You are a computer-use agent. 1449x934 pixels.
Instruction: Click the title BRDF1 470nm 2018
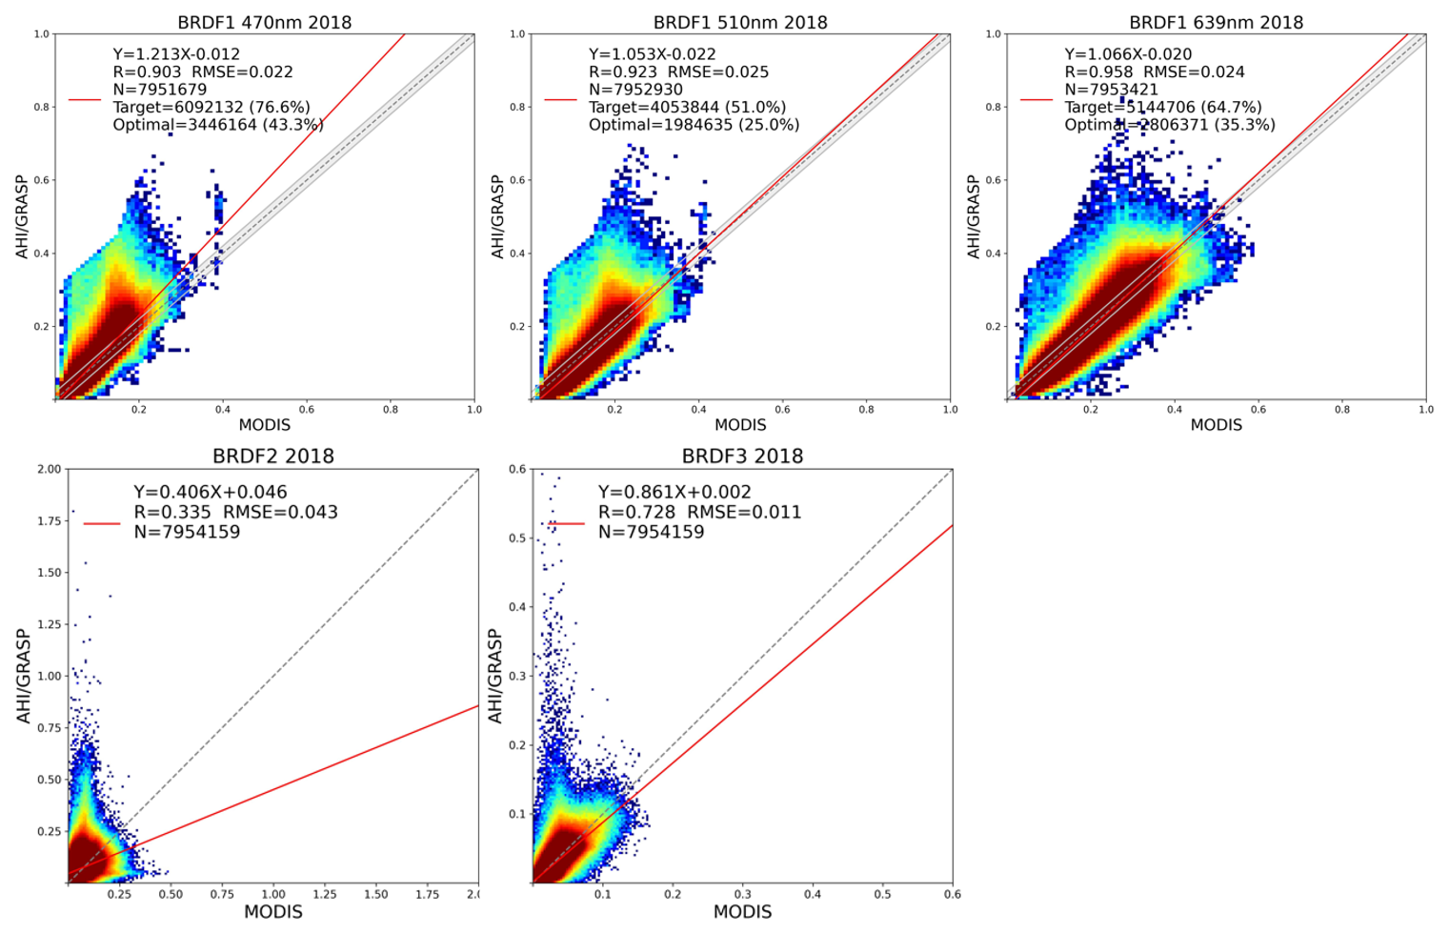click(x=264, y=22)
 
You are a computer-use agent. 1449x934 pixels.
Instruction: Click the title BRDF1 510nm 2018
click(x=740, y=22)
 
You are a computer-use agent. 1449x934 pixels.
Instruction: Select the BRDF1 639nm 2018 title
click(x=1216, y=22)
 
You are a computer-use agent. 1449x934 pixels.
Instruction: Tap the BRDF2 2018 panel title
click(x=273, y=456)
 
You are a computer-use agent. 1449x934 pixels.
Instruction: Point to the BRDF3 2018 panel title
click(x=742, y=456)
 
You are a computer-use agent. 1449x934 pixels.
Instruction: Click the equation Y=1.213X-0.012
click(x=176, y=54)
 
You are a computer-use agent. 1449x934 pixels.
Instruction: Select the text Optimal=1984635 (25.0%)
click(x=694, y=125)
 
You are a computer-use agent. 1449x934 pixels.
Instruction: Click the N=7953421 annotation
click(x=1112, y=90)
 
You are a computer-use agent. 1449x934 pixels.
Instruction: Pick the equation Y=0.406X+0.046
click(x=210, y=492)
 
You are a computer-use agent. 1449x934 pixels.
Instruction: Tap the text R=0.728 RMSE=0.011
click(x=699, y=512)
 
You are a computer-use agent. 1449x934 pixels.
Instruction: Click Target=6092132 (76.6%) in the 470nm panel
click(x=211, y=107)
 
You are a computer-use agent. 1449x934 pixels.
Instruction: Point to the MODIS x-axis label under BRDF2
click(x=273, y=912)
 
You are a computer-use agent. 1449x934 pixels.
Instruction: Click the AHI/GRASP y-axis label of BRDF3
click(x=494, y=675)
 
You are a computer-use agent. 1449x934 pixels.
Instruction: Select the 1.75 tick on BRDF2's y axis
click(x=48, y=521)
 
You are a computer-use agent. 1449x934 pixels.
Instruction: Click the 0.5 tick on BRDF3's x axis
click(x=882, y=895)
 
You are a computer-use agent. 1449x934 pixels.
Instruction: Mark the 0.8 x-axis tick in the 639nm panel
click(x=1341, y=410)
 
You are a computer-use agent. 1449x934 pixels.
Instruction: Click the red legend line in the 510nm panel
click(x=560, y=98)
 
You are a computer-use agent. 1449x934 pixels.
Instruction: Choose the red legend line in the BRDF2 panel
click(x=102, y=523)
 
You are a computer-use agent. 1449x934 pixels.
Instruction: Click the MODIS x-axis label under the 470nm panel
click(x=264, y=425)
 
